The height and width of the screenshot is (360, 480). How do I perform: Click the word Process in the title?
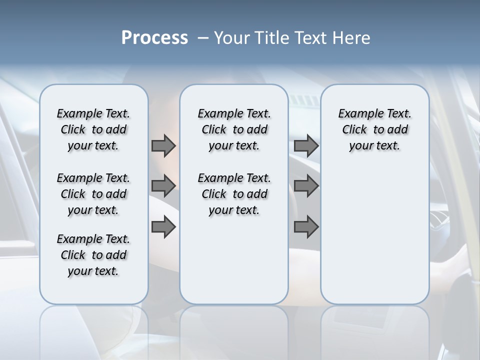tap(154, 37)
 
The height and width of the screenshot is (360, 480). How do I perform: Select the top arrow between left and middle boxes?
tap(163, 146)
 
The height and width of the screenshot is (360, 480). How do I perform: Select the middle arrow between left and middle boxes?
tap(163, 186)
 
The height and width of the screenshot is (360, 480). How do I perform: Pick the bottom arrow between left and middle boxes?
tap(163, 227)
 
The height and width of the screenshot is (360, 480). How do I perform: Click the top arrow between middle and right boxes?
tap(306, 146)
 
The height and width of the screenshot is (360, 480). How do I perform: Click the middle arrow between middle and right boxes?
tap(306, 186)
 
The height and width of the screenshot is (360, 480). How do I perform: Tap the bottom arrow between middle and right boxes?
tap(306, 227)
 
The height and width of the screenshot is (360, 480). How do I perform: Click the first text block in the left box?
tap(93, 129)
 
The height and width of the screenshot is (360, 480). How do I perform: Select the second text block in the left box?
tap(93, 194)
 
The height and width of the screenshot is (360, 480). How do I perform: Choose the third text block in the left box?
tap(93, 255)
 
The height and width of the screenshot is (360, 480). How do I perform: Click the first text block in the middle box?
tap(234, 129)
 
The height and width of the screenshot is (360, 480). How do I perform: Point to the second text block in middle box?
tap(234, 194)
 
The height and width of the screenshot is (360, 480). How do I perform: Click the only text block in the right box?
tap(375, 129)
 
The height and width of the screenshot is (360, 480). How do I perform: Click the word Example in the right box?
tap(357, 114)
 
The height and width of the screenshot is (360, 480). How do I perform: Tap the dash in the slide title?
tap(203, 38)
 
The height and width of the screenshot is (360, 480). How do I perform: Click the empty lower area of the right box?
tap(375, 240)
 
